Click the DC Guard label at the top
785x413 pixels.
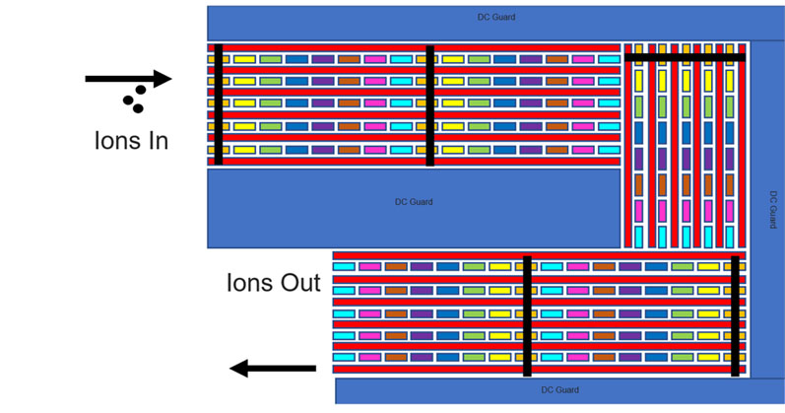pos(496,17)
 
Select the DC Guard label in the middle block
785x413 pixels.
pos(414,202)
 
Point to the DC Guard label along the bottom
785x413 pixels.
pos(559,390)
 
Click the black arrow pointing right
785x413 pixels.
pos(128,78)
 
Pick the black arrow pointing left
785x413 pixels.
pos(273,369)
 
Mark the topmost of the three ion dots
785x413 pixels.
pos(142,88)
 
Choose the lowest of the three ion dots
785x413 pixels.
pos(140,106)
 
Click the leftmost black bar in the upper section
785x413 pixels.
pos(219,103)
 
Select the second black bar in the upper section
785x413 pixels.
pos(429,103)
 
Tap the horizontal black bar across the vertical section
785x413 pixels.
pos(685,57)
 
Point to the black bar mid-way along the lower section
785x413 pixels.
pos(527,315)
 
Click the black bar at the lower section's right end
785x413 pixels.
pos(735,315)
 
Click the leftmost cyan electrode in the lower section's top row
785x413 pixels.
pos(344,266)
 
